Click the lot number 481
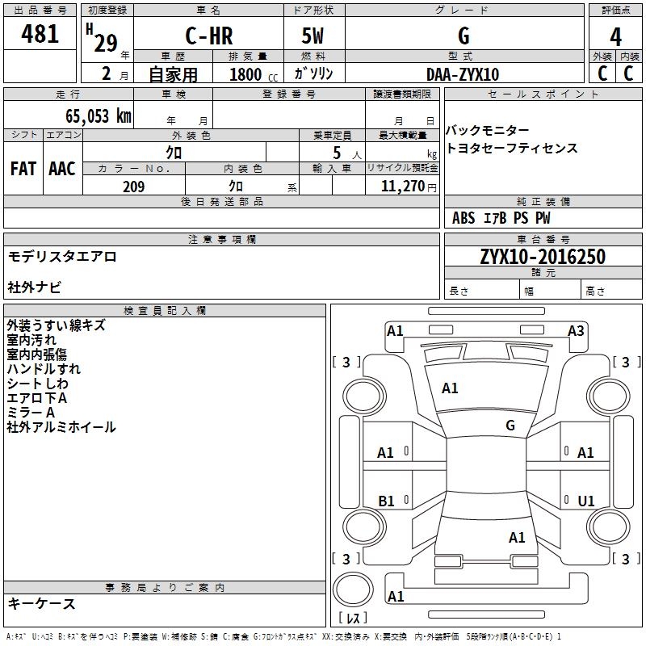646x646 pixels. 40,33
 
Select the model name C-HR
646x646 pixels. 209,36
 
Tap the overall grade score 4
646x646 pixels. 615,37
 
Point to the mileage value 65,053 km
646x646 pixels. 99,116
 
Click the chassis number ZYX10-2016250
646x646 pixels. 543,257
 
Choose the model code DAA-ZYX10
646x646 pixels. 463,74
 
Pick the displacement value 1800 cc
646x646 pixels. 254,74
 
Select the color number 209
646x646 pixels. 133,187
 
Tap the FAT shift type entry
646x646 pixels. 23,169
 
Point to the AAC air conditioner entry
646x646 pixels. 62,169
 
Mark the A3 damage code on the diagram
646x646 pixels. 576,331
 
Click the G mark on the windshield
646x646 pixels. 510,425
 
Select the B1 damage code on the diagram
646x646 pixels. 386,501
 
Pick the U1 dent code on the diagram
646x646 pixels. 586,501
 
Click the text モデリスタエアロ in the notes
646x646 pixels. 62,257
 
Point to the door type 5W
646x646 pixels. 313,36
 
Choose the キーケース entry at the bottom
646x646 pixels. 42,603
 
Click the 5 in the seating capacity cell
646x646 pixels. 337,153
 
